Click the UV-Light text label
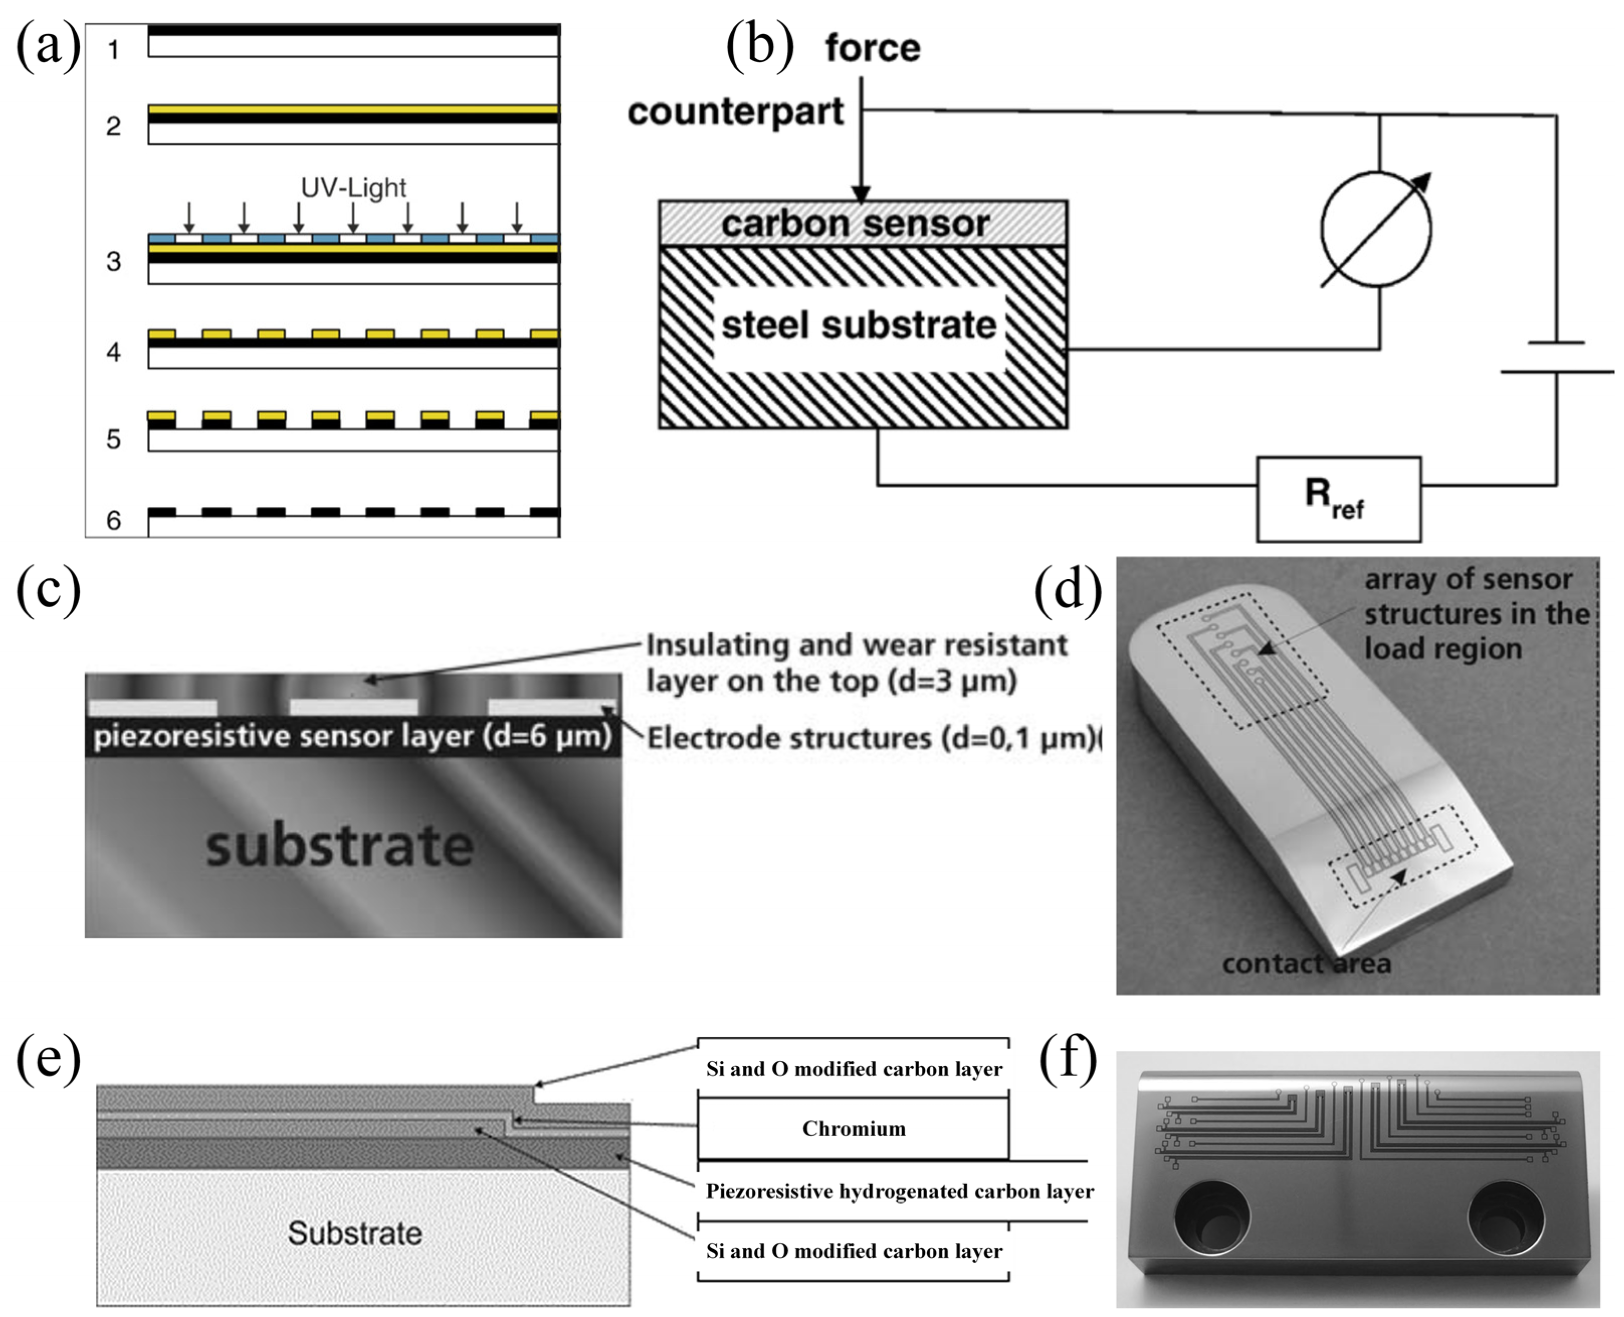pyautogui.click(x=354, y=187)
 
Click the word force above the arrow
pyautogui.click(x=873, y=49)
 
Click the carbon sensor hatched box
pyautogui.click(x=862, y=223)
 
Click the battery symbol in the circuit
pyautogui.click(x=1557, y=357)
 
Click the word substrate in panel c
pyautogui.click(x=340, y=846)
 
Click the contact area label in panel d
pyautogui.click(x=1306, y=963)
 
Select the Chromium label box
pyautogui.click(x=853, y=1129)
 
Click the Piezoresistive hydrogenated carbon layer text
pyautogui.click(x=899, y=1191)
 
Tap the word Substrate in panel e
pyautogui.click(x=354, y=1233)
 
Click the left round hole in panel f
pyautogui.click(x=1212, y=1220)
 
